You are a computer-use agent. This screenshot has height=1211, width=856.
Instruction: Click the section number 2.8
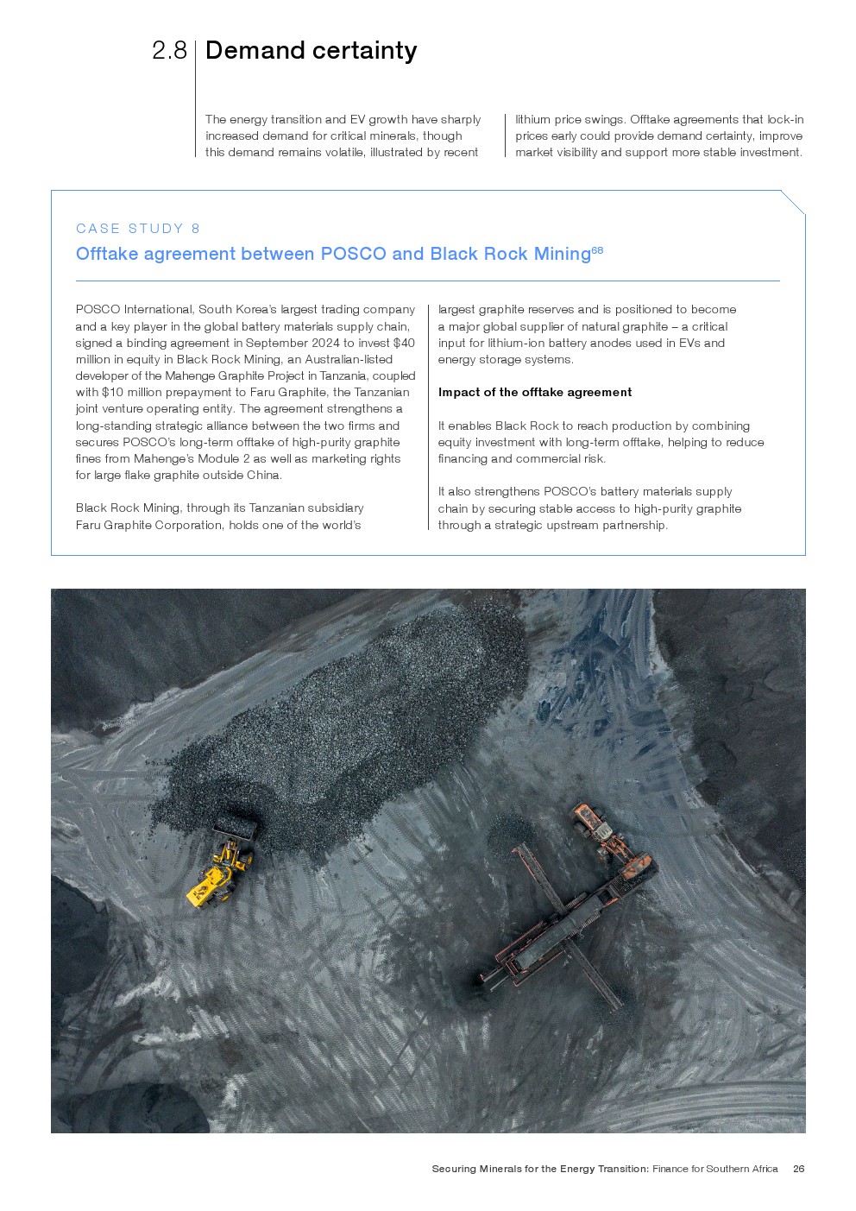[x=169, y=51]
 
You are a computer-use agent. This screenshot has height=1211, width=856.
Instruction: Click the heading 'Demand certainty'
[x=311, y=51]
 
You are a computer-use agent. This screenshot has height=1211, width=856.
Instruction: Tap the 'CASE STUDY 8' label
[x=138, y=229]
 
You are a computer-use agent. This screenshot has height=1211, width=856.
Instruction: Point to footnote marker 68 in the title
[x=597, y=250]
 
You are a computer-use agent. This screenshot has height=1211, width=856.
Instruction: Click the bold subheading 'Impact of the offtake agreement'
[x=534, y=392]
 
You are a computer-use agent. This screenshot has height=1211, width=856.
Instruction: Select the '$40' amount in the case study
[x=404, y=343]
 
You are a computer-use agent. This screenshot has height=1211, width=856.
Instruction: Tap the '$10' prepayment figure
[x=112, y=392]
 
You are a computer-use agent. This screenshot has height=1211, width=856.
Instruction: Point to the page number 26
[x=798, y=1169]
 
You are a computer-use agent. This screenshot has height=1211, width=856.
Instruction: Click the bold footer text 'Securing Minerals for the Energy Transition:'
[x=540, y=1169]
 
